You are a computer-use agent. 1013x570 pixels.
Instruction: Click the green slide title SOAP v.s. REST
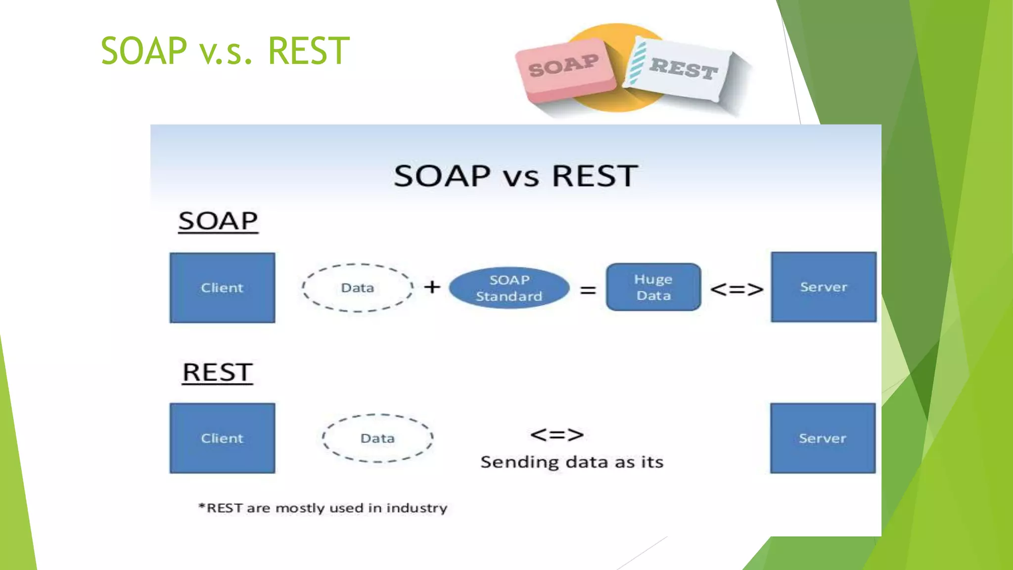click(x=225, y=51)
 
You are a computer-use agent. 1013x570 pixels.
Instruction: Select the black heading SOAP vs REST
click(x=515, y=176)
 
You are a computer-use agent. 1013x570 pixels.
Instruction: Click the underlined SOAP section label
click(x=218, y=221)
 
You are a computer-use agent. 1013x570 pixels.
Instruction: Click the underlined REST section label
click(x=218, y=373)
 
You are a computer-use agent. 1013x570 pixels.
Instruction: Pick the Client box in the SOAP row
click(x=222, y=287)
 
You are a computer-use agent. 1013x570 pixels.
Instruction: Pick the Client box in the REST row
click(x=222, y=438)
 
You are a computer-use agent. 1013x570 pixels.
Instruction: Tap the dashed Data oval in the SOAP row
click(x=357, y=287)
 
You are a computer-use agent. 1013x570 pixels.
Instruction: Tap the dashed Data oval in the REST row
click(x=377, y=438)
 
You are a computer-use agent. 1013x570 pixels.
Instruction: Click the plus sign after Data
click(x=432, y=286)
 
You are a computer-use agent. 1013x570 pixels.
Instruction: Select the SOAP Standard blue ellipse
click(x=509, y=288)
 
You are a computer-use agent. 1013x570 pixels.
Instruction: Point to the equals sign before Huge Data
click(x=588, y=289)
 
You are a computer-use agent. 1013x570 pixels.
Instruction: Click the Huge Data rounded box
click(x=653, y=287)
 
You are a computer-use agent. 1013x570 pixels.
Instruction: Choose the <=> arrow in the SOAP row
click(x=737, y=289)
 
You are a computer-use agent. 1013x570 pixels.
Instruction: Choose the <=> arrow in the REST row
click(x=557, y=435)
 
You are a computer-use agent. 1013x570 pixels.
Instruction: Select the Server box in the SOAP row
click(x=824, y=287)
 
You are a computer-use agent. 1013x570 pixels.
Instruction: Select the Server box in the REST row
click(x=823, y=438)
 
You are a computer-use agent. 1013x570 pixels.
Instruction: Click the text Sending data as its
click(x=572, y=462)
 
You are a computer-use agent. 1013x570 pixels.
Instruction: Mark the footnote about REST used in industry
click(x=322, y=508)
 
